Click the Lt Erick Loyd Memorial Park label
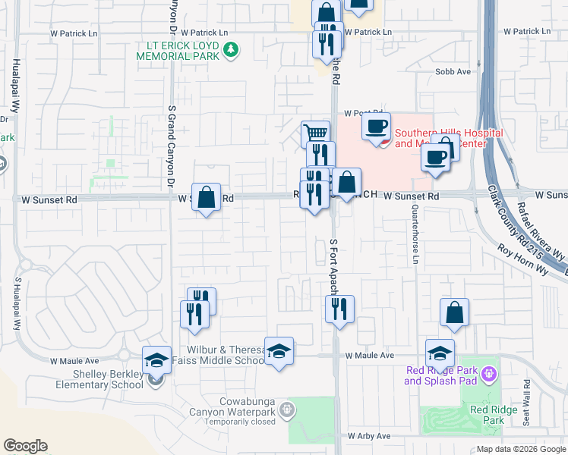pyautogui.click(x=178, y=52)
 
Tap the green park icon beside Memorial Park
pyautogui.click(x=231, y=52)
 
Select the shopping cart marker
pyautogui.click(x=315, y=133)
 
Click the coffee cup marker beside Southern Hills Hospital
pyautogui.click(x=376, y=126)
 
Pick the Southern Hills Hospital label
pyautogui.click(x=448, y=138)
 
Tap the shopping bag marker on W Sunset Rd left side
pyautogui.click(x=206, y=197)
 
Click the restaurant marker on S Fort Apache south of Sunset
pyautogui.click(x=339, y=309)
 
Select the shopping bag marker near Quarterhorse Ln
pyautogui.click(x=454, y=312)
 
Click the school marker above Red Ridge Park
pyautogui.click(x=440, y=353)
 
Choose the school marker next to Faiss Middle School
pyautogui.click(x=279, y=350)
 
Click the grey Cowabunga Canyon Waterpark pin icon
pyautogui.click(x=286, y=410)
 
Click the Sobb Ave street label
pyautogui.click(x=453, y=71)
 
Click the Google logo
pyautogui.click(x=25, y=446)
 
